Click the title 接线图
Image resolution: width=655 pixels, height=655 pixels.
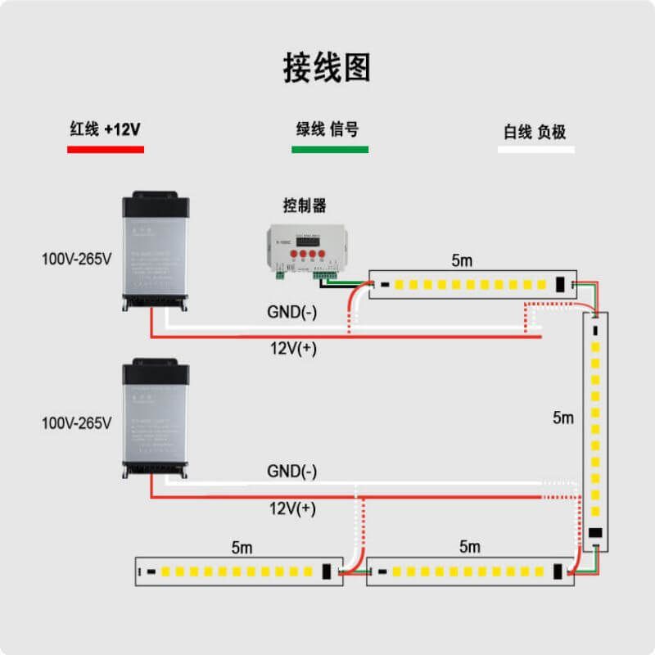click(327, 67)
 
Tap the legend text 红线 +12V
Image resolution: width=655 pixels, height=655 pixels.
click(106, 129)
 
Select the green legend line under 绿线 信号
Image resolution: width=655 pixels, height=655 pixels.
click(329, 150)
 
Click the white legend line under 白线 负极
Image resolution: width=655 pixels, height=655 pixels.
click(536, 150)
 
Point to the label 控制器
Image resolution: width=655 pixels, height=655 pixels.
click(305, 205)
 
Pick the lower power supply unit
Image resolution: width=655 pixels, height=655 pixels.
click(156, 418)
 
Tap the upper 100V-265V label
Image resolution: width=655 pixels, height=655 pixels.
click(76, 259)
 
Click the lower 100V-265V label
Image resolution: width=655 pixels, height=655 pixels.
click(76, 423)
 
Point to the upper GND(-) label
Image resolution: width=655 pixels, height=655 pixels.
click(292, 312)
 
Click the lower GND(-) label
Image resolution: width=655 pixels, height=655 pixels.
click(292, 472)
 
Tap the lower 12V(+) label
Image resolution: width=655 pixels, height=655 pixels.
click(293, 508)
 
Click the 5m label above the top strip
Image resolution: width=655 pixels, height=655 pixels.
click(463, 260)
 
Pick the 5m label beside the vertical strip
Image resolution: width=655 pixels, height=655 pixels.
click(563, 418)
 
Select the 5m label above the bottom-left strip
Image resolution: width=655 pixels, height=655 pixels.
click(242, 546)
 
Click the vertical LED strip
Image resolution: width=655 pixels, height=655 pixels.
click(596, 426)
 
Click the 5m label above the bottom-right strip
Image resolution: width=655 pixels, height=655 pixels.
click(470, 546)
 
